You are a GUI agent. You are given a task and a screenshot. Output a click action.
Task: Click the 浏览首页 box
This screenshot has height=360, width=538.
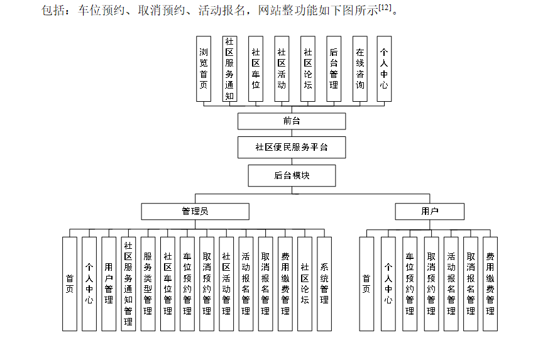[203, 68]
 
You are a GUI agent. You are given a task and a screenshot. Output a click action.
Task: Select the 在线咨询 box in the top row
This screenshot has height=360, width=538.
[360, 68]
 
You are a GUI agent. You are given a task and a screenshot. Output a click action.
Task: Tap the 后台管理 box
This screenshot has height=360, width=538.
[334, 68]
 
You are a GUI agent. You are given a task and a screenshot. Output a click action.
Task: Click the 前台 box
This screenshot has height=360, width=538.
[292, 121]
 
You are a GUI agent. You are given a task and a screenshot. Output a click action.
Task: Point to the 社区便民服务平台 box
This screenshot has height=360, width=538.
[292, 147]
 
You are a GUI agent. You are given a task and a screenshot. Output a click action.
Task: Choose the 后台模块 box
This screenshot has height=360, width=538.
[292, 175]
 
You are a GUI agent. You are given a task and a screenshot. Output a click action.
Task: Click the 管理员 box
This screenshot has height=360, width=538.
[195, 211]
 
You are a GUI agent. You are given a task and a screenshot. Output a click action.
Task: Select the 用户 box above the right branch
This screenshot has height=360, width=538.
[429, 211]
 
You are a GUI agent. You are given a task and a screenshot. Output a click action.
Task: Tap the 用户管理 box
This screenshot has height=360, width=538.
[109, 284]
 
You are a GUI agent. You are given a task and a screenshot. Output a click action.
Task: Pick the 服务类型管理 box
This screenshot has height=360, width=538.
[148, 284]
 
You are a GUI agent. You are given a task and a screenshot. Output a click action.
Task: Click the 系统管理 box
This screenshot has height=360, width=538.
[324, 284]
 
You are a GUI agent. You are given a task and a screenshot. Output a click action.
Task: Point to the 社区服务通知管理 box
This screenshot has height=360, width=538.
[128, 284]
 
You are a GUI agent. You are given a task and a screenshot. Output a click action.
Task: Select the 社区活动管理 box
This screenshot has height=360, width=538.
[226, 284]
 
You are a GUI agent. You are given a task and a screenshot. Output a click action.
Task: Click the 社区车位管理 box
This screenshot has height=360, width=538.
[168, 284]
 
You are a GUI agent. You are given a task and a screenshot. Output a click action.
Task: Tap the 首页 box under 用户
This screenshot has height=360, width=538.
[366, 284]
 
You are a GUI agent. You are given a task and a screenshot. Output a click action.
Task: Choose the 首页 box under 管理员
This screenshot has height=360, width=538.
[70, 284]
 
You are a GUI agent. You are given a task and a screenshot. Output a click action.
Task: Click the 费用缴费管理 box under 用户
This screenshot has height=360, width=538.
[490, 284]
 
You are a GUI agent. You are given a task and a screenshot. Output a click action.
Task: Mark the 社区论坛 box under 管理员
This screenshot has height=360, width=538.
[305, 284]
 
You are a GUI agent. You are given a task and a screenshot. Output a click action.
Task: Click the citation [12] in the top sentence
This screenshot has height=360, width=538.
[385, 8]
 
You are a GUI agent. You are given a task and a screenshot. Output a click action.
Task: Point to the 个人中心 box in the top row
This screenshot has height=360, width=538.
[384, 68]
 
